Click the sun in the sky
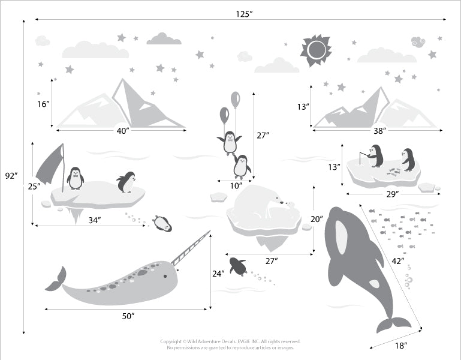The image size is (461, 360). pyautogui.click(x=316, y=50)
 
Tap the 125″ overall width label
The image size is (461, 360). pyautogui.click(x=245, y=14)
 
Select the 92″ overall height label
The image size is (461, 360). pyautogui.click(x=11, y=176)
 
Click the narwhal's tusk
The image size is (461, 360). pyautogui.click(x=191, y=248)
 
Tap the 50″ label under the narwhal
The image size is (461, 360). pyautogui.click(x=128, y=316)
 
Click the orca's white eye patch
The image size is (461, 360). pyautogui.click(x=341, y=237)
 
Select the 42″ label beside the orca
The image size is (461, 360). pyautogui.click(x=398, y=261)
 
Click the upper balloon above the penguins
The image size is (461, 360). pyautogui.click(x=235, y=100)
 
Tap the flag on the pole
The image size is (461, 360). pyautogui.click(x=49, y=164)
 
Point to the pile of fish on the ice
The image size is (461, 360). pyautogui.click(x=394, y=172)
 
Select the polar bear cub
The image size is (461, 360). pyautogui.click(x=290, y=205)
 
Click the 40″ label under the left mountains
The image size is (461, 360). pyautogui.click(x=123, y=131)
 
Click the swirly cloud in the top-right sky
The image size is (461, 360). pyautogui.click(x=418, y=42)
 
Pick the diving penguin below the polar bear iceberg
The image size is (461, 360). pyautogui.click(x=238, y=266)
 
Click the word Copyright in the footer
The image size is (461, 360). pyautogui.click(x=171, y=342)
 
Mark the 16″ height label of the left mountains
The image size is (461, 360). pyautogui.click(x=43, y=104)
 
